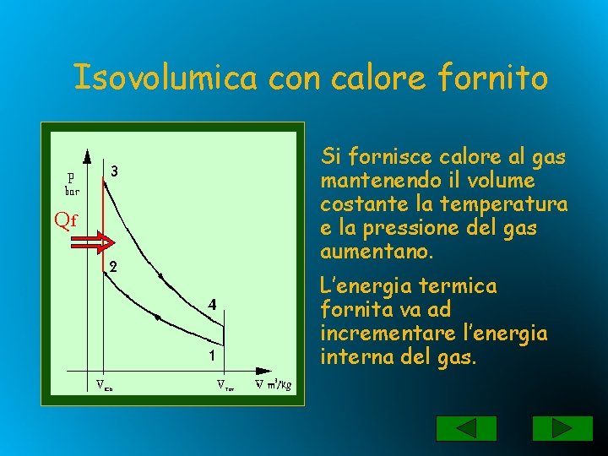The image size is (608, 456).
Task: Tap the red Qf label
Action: pos(65,221)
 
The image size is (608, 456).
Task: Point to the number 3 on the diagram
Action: pos(113,171)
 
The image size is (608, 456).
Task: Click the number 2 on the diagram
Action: pos(112,266)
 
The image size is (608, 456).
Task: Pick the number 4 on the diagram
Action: pos(214,303)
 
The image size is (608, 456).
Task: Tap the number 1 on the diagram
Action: pos(213,356)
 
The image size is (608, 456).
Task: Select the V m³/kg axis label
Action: pos(274,386)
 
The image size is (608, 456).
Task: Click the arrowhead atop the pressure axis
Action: pos(87,155)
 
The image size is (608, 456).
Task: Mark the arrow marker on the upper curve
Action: pos(160,274)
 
